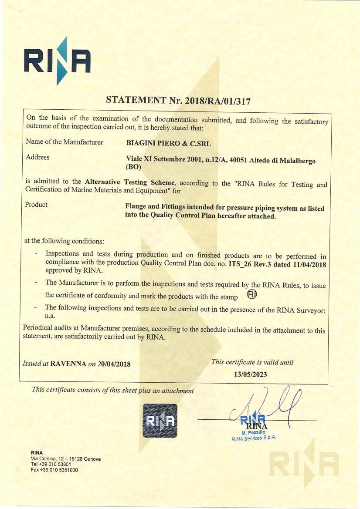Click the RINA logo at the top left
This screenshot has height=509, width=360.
click(x=57, y=60)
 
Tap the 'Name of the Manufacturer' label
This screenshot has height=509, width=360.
click(x=65, y=142)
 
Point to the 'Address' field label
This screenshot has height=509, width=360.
click(x=37, y=157)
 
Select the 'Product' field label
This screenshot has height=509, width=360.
click(x=36, y=204)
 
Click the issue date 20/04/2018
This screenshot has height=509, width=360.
click(x=113, y=364)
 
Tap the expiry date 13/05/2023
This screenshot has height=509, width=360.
click(x=250, y=374)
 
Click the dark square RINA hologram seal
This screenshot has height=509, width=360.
click(x=160, y=420)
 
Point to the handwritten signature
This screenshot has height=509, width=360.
click(x=270, y=407)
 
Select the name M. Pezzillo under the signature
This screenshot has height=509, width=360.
click(x=253, y=432)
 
